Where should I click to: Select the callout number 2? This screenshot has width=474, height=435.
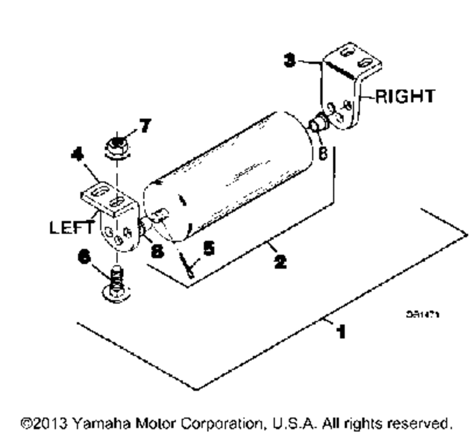click(x=281, y=260)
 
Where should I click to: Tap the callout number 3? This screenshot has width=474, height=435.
click(x=290, y=61)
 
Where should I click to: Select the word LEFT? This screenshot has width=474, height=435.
click(x=71, y=228)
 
